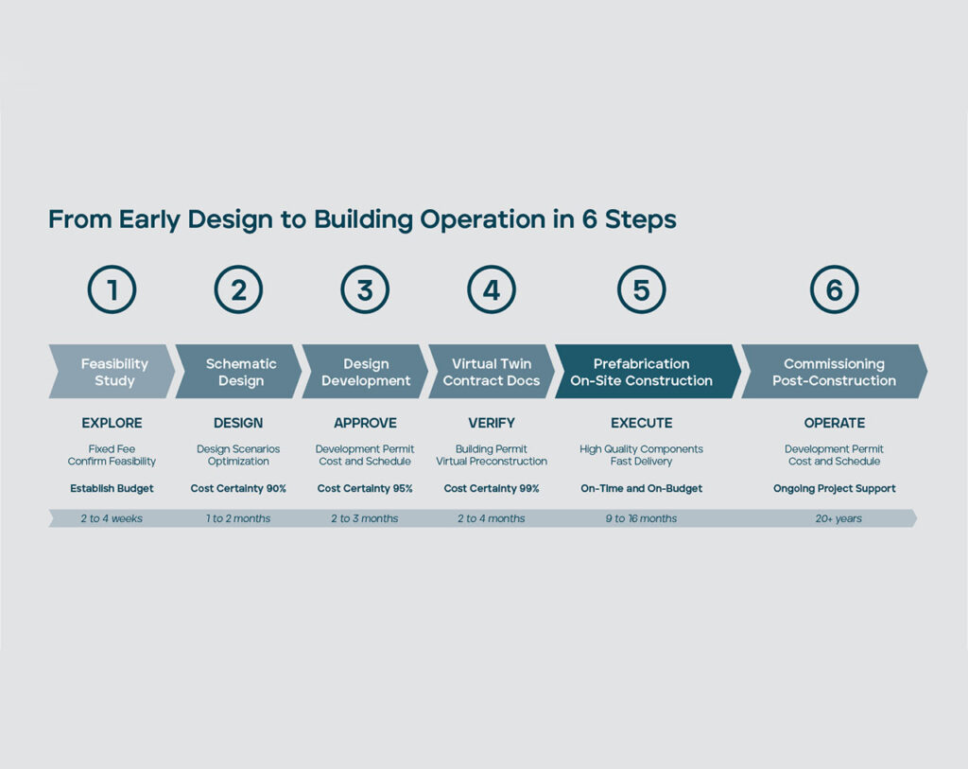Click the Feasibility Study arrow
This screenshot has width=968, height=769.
[112, 371]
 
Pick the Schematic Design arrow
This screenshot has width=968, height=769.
[238, 371]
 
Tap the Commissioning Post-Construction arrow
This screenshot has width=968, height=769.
[834, 371]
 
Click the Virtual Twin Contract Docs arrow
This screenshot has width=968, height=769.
[492, 371]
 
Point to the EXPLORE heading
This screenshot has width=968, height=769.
[112, 423]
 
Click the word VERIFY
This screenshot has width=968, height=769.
[492, 423]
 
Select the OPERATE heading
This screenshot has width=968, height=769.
[834, 423]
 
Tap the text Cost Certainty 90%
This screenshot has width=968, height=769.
[238, 489]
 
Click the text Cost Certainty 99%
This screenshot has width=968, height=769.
[492, 489]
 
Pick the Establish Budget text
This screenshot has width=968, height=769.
[112, 489]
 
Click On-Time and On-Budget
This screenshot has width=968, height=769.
[642, 489]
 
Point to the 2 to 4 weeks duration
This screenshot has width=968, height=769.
[112, 519]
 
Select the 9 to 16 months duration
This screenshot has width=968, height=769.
[642, 519]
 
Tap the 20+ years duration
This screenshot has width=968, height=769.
[838, 519]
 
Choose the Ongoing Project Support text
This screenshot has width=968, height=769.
[834, 489]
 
